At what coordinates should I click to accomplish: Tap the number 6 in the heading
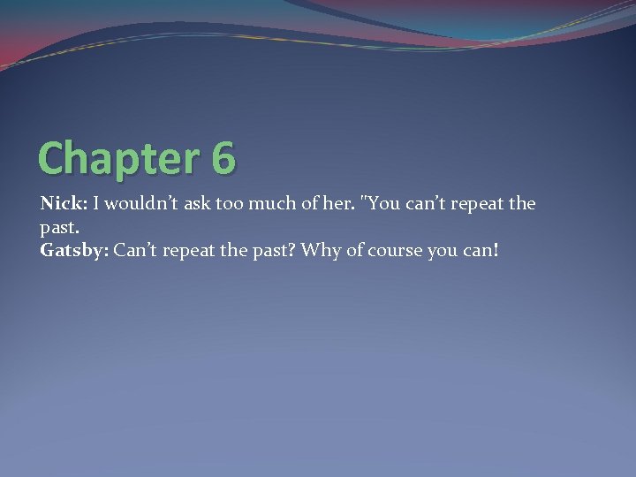[223, 158]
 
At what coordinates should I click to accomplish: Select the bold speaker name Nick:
[63, 204]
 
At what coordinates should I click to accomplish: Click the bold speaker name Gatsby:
[73, 250]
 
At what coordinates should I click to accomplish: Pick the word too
[229, 204]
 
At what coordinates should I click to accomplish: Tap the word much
[269, 204]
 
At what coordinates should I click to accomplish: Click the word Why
[318, 250]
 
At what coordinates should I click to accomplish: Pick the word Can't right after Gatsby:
[136, 250]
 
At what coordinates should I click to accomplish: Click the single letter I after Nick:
[97, 204]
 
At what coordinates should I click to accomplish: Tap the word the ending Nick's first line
[522, 204]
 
